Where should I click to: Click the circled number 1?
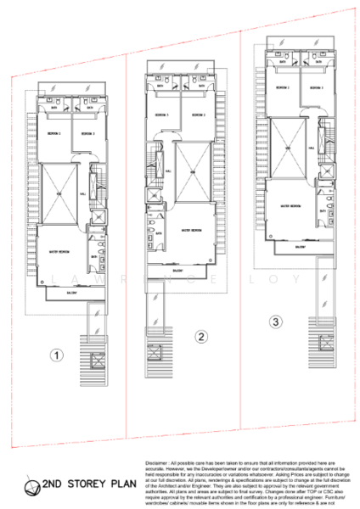55,355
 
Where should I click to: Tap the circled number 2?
201,337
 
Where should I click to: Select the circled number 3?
274,322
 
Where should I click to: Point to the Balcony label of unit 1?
73,292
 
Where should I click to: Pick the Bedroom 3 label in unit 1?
86,134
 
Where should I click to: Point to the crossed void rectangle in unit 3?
284,148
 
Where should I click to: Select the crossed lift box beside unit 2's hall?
153,193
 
